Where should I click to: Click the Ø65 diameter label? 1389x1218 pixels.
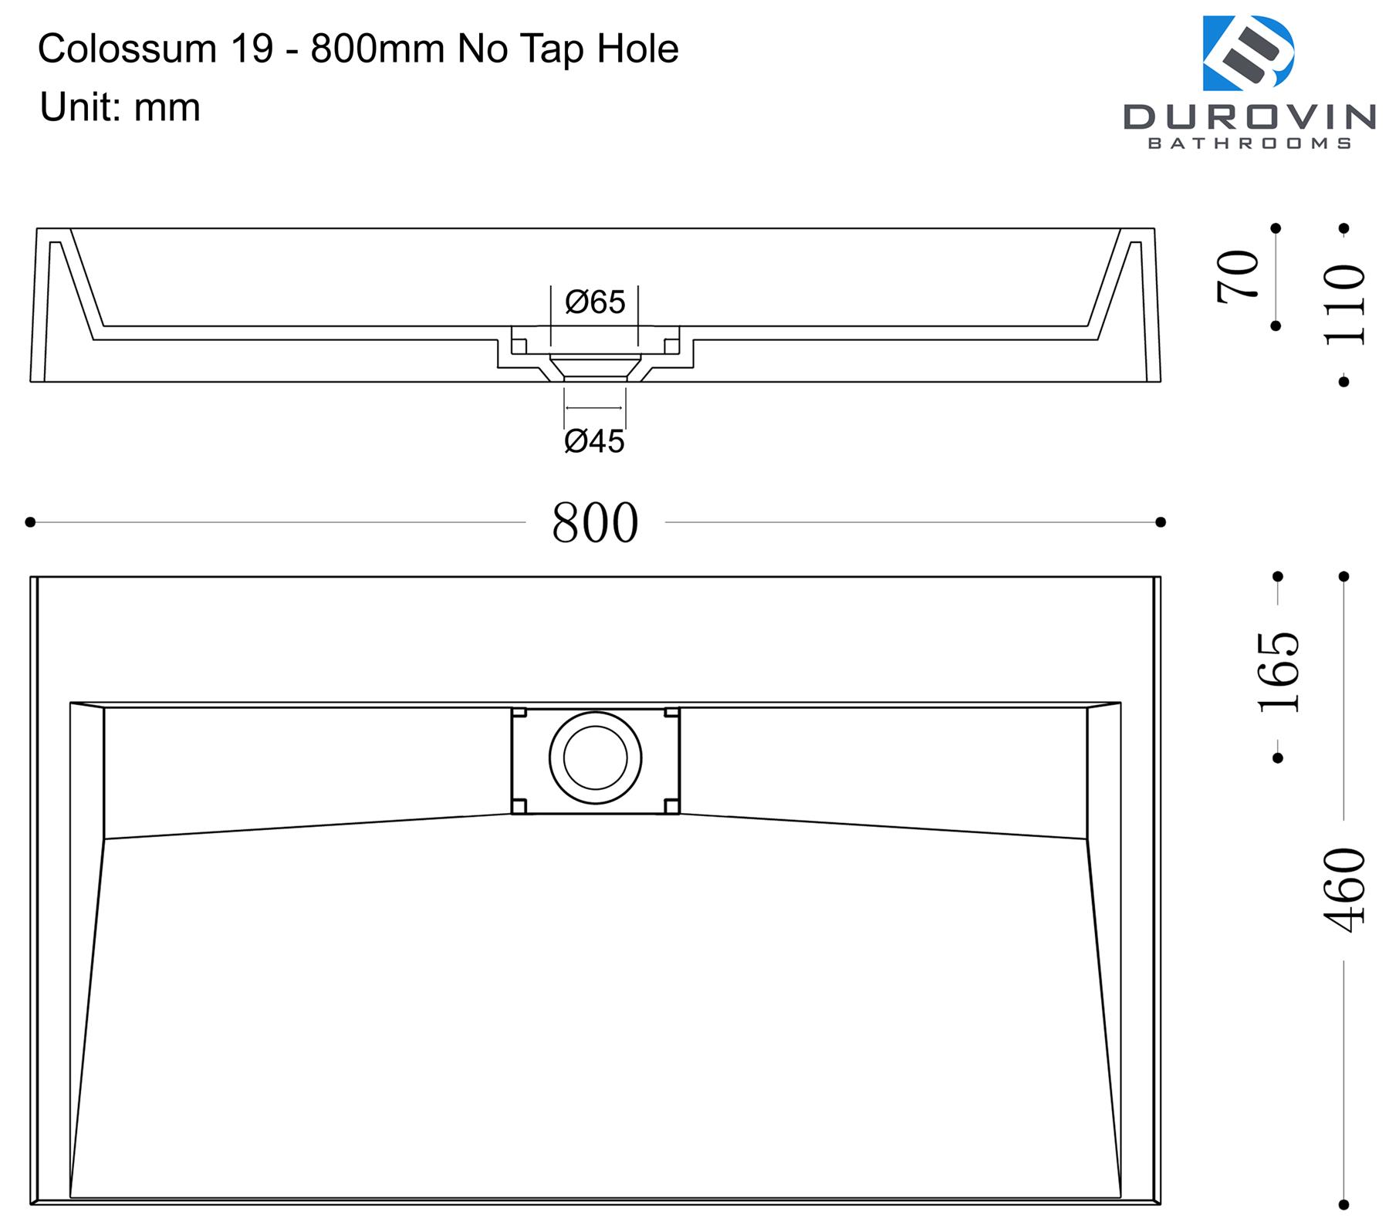(x=594, y=302)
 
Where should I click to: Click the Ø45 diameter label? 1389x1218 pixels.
(x=594, y=441)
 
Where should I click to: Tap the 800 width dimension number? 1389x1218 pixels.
(x=595, y=523)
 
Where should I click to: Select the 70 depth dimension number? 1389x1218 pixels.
(x=1237, y=276)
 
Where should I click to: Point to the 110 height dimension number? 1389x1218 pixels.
(x=1343, y=305)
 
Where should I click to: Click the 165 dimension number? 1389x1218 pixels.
(x=1279, y=672)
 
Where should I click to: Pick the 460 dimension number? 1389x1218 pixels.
(x=1343, y=889)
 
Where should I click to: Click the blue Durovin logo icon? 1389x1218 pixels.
(x=1248, y=53)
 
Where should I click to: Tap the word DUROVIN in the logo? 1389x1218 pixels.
(x=1249, y=116)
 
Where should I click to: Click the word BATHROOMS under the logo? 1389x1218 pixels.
(x=1249, y=143)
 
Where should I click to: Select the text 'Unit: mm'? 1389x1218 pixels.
(x=120, y=107)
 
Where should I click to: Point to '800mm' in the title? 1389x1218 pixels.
(x=377, y=49)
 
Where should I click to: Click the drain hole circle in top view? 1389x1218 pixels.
(x=595, y=757)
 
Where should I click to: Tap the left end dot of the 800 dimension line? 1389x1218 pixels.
(x=30, y=522)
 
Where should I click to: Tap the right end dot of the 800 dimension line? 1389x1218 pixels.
(x=1160, y=522)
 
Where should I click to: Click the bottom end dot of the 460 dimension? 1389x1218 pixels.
(x=1343, y=1203)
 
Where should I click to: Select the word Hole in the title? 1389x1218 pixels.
(x=637, y=49)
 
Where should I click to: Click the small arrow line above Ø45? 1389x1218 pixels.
(x=593, y=408)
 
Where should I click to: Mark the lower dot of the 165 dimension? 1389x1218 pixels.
(x=1278, y=758)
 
